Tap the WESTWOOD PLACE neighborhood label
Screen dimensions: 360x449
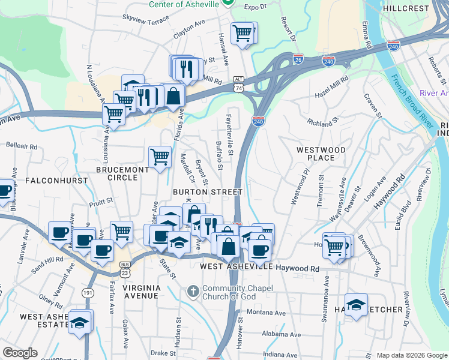[321, 154]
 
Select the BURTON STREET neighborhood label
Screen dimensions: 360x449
[207, 192]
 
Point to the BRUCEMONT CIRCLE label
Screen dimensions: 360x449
[122, 174]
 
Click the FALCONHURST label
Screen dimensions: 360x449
[49, 180]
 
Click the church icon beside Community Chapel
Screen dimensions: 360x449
[193, 292]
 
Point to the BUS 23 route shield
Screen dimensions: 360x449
[125, 268]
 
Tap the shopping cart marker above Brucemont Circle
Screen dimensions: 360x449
[160, 157]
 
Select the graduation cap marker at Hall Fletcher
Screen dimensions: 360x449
[357, 305]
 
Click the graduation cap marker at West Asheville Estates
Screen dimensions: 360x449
[79, 322]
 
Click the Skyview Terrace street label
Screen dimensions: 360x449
[146, 20]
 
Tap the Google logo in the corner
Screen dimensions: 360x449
[20, 353]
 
